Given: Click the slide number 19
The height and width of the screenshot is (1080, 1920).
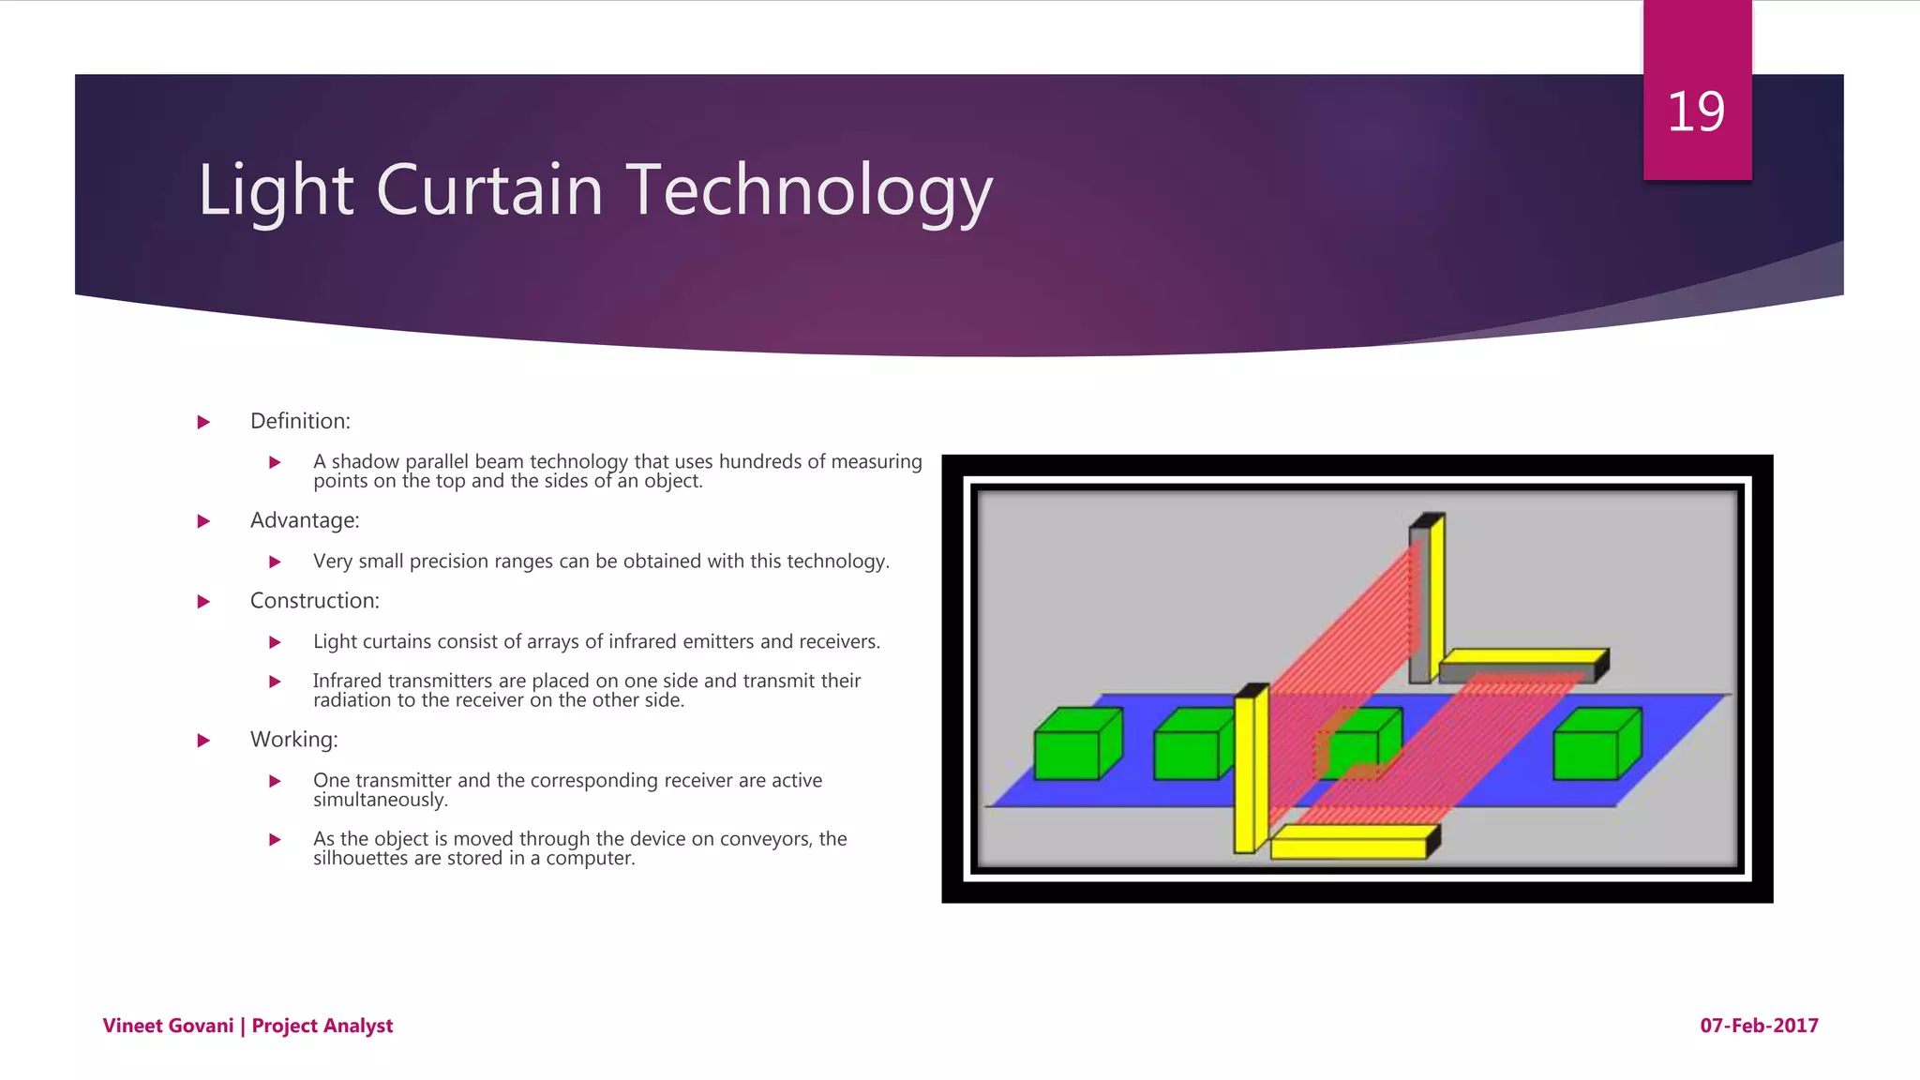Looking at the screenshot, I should (x=1695, y=112).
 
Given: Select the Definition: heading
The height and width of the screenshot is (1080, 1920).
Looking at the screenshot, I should (x=300, y=421).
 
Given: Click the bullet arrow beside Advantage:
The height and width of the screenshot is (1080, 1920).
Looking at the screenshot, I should (x=203, y=521).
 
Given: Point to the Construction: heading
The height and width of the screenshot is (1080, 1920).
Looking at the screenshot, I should (x=314, y=601).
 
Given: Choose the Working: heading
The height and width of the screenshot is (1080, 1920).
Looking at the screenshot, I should (x=293, y=740).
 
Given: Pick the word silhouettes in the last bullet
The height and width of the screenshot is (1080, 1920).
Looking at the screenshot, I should (x=360, y=859).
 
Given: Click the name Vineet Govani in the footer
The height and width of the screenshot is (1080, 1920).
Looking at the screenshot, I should (x=168, y=1026).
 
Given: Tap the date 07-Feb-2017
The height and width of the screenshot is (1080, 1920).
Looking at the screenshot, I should (x=1759, y=1026).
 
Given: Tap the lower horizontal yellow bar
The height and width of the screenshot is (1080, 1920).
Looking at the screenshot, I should (x=1350, y=843).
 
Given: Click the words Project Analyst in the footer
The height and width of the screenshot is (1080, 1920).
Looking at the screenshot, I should (x=322, y=1026).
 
